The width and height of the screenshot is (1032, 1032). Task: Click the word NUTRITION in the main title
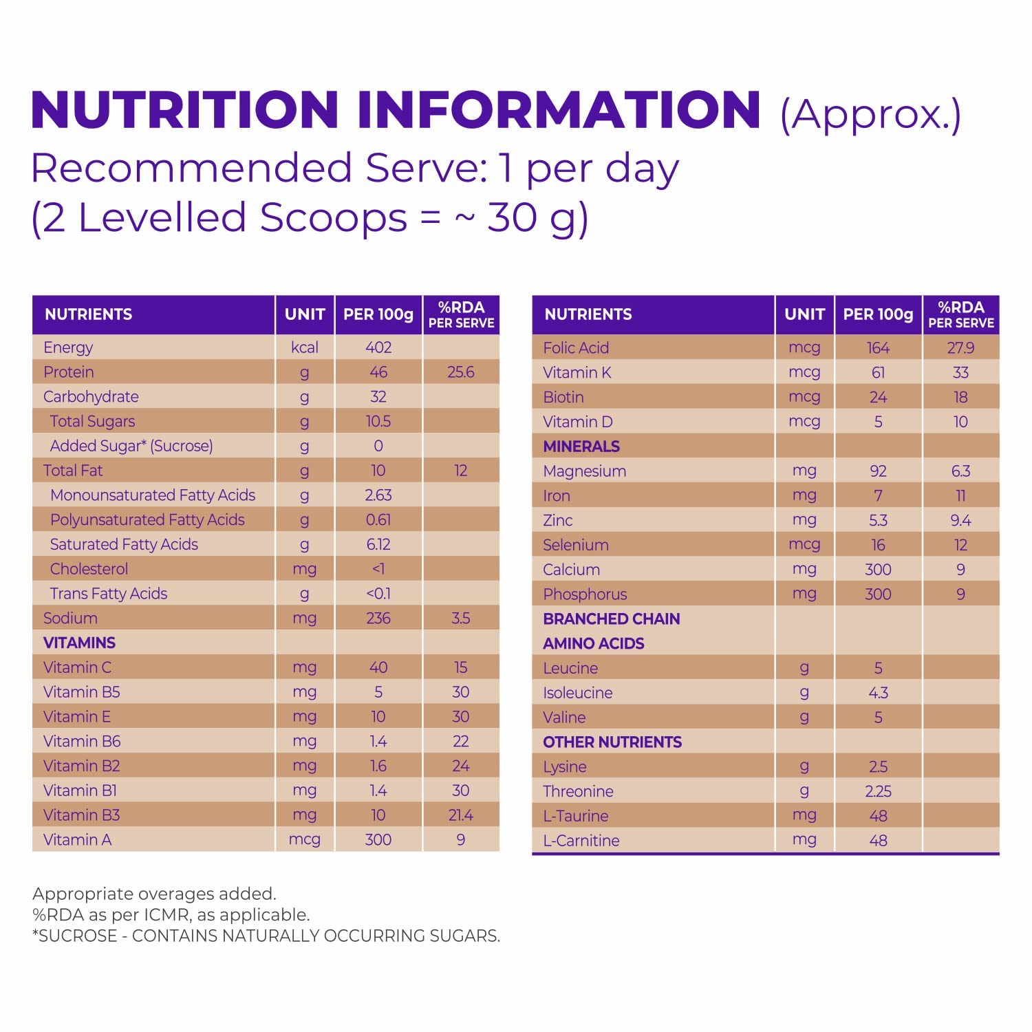click(184, 110)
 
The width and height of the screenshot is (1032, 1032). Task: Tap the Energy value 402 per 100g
click(378, 347)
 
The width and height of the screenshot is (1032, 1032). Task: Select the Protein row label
click(69, 372)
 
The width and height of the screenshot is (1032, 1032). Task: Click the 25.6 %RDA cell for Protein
click(460, 372)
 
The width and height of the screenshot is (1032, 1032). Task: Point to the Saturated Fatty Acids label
click(124, 544)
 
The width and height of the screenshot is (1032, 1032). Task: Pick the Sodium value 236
click(378, 618)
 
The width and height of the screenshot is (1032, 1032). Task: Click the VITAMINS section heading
click(79, 643)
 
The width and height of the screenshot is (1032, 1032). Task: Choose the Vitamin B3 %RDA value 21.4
click(460, 815)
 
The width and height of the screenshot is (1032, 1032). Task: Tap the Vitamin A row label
click(77, 840)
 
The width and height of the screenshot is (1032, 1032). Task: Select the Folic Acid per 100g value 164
click(878, 348)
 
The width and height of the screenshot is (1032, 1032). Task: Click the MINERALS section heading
click(581, 447)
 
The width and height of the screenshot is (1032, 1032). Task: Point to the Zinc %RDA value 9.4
click(960, 520)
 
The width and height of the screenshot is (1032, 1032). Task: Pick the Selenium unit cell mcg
click(804, 545)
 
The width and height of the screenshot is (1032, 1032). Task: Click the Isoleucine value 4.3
click(878, 693)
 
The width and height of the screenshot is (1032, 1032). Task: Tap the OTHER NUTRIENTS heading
click(612, 742)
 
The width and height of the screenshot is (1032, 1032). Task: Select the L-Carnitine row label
click(581, 841)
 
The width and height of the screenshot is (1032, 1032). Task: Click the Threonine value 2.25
click(878, 791)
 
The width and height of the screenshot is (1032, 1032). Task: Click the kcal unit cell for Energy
click(304, 347)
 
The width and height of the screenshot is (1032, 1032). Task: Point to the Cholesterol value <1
click(378, 569)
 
